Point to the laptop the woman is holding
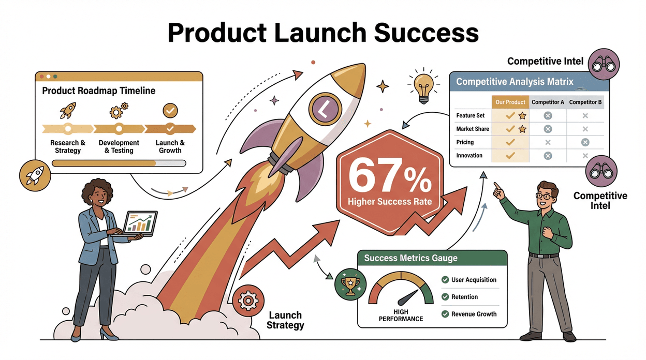point(139,224)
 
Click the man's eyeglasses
point(544,196)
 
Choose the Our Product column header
point(510,102)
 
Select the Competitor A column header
point(548,102)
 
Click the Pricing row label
point(465,142)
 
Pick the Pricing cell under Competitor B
point(585,142)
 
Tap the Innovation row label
point(469,156)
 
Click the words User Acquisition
point(474,280)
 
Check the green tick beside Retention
point(445,297)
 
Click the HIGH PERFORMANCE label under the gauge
point(401,315)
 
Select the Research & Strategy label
point(68,146)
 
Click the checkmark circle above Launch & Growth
point(170,110)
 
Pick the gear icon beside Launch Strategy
point(245,301)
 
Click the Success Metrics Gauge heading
point(410,258)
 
